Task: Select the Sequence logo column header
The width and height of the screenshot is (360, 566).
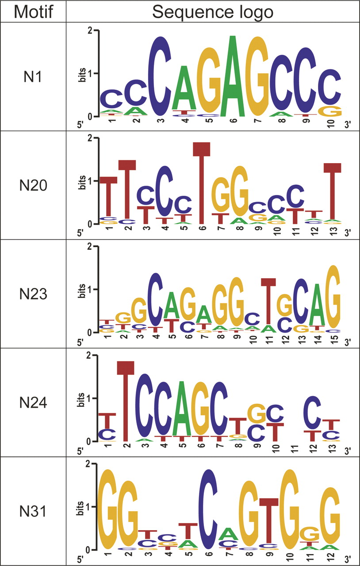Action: tap(212, 11)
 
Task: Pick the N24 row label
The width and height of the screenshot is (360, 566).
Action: tap(33, 403)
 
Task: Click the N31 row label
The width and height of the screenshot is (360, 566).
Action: tap(33, 512)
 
